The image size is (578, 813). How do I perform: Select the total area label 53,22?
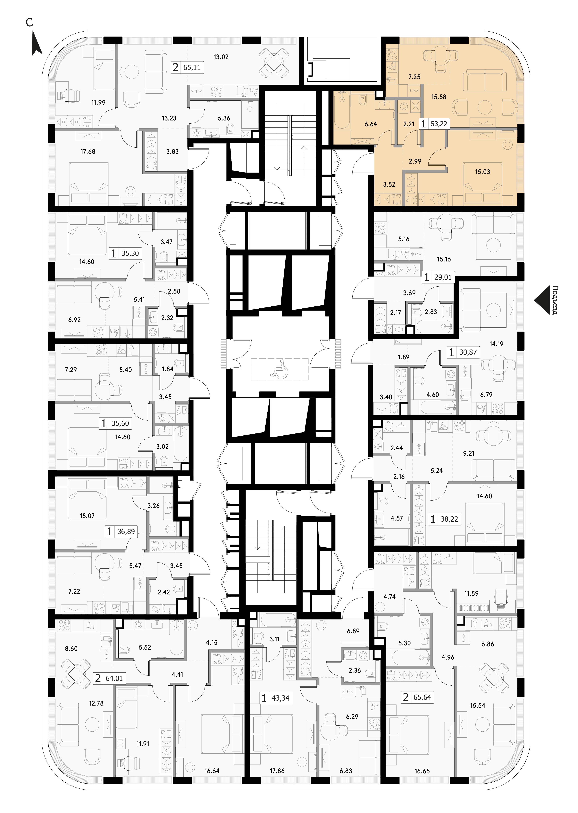pyautogui.click(x=439, y=124)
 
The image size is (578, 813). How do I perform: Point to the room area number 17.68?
pyautogui.click(x=88, y=152)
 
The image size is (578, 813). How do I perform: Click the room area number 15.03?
pyautogui.click(x=483, y=172)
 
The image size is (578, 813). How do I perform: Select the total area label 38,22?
pyautogui.click(x=449, y=519)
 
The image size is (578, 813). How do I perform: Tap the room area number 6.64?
pyautogui.click(x=371, y=124)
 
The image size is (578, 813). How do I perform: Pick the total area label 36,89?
pyautogui.click(x=126, y=532)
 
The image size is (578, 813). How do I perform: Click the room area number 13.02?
pyautogui.click(x=221, y=57)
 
